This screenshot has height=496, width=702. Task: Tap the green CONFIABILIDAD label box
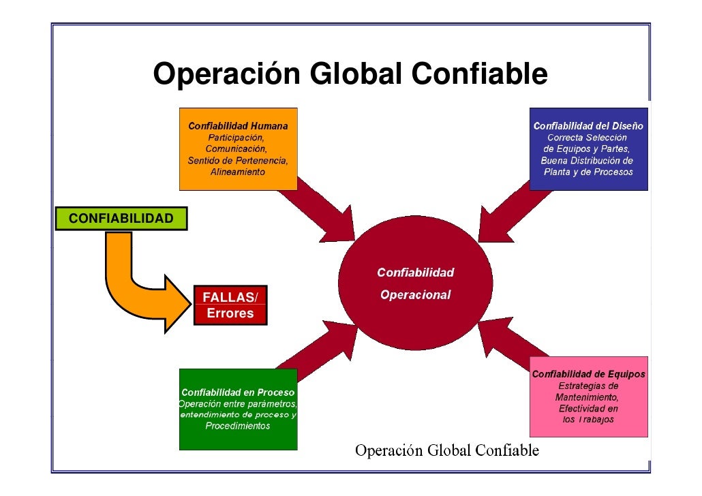(121, 219)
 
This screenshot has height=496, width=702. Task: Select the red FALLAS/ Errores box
(230, 305)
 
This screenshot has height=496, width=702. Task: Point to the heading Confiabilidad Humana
(238, 126)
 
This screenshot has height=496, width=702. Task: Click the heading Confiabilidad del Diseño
(588, 126)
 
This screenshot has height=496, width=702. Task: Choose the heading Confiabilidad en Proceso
(238, 392)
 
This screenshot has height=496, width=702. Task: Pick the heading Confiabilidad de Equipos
(588, 374)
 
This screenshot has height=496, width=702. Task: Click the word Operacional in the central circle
(415, 295)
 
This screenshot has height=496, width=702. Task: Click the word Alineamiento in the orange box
(237, 173)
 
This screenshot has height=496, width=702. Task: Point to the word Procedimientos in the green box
(237, 426)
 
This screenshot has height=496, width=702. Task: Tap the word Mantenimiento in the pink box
(587, 397)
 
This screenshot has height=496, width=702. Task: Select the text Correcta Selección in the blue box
(587, 138)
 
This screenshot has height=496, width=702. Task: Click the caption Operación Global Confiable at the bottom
(447, 451)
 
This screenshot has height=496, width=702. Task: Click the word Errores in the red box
(230, 313)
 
